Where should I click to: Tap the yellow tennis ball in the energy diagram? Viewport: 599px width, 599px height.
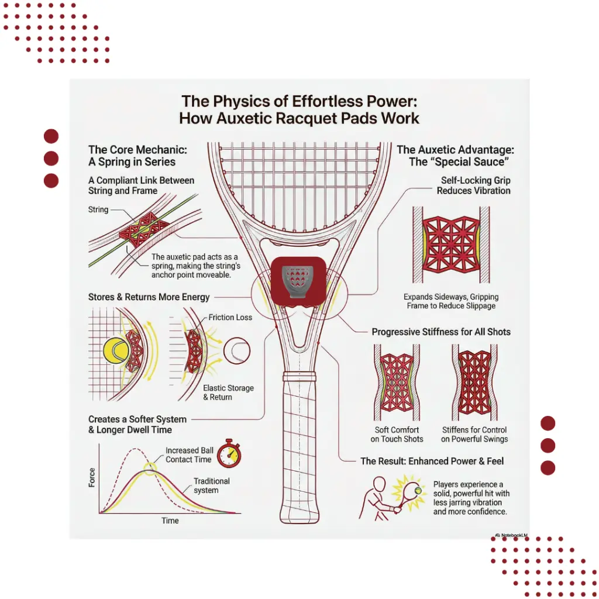pos(116,351)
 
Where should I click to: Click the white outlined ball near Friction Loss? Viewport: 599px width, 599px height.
pos(237,350)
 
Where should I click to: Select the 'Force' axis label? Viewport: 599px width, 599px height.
pos(92,477)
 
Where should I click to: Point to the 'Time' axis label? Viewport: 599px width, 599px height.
pos(170,520)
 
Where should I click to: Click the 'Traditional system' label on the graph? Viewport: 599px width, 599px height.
pos(211,486)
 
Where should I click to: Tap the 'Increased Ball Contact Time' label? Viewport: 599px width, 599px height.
pos(189,455)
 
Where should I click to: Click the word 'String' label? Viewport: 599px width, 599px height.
pos(98,210)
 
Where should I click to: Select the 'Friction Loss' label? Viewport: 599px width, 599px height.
pos(230,318)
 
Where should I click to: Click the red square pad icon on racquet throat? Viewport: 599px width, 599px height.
pos(298,281)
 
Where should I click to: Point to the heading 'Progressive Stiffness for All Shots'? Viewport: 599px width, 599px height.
pos(441,332)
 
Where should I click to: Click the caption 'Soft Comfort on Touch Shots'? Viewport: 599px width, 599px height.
pos(397,435)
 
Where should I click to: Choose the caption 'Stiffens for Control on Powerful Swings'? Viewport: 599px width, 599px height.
pos(474,435)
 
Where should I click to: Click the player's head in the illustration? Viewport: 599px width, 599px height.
pos(379,484)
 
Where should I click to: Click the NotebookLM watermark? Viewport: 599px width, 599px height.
pos(511,535)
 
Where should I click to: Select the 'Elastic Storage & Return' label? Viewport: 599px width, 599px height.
pos(228,393)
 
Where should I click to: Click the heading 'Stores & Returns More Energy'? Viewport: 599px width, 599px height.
pos(149,297)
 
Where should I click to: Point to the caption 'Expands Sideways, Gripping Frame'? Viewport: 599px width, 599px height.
pos(451,301)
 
